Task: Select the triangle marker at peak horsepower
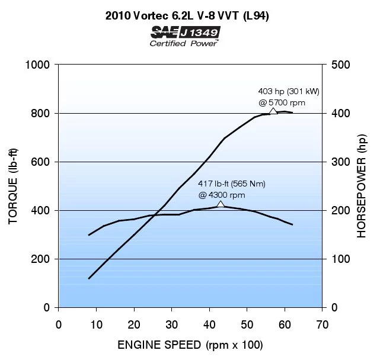pyautogui.click(x=273, y=111)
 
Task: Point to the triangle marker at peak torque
pyautogui.click(x=221, y=204)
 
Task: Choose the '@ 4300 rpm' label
pyautogui.click(x=221, y=194)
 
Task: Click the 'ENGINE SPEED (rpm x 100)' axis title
pyautogui.click(x=190, y=345)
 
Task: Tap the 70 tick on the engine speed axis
pyautogui.click(x=322, y=324)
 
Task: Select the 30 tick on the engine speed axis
pyautogui.click(x=171, y=324)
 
